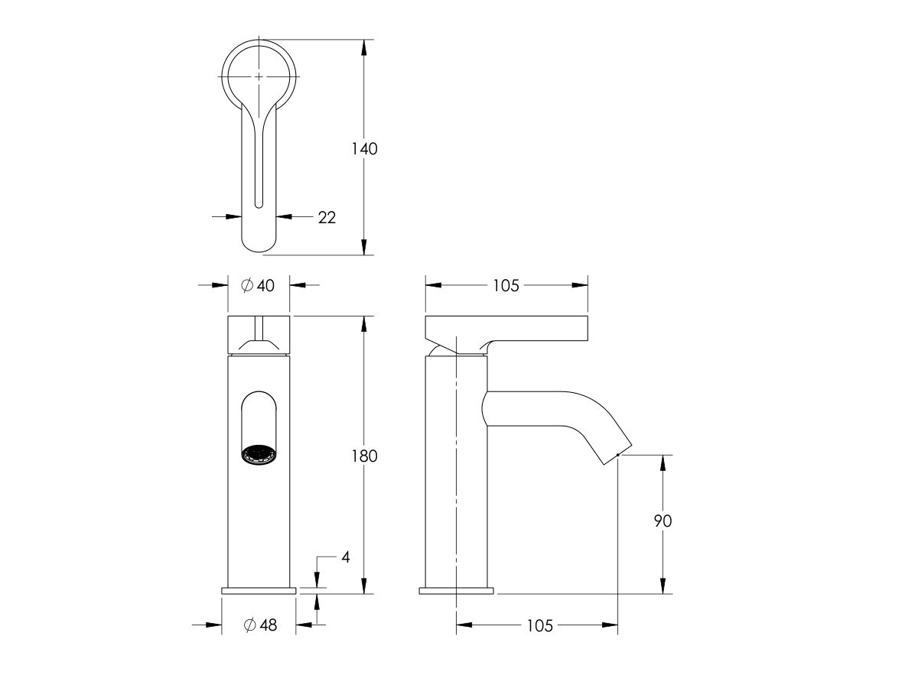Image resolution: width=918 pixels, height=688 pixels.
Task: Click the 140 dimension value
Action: (364, 149)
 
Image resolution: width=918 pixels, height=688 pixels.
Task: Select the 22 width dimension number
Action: (327, 217)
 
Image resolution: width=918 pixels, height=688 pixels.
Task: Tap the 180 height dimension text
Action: (364, 456)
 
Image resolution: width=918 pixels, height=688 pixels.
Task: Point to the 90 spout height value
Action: (662, 521)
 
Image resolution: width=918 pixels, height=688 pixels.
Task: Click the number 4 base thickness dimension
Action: (345, 557)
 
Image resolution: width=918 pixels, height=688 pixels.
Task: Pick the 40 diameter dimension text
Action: (265, 285)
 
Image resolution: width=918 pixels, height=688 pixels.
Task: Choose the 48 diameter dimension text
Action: (266, 625)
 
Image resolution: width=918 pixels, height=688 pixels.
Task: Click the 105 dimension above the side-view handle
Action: (506, 285)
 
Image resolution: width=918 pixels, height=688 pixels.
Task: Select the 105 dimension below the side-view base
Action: (539, 626)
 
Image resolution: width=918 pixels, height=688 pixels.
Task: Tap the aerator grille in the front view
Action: (259, 456)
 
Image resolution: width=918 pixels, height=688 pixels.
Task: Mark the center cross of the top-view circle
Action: (259, 76)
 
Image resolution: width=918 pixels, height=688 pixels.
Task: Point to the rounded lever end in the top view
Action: (259, 241)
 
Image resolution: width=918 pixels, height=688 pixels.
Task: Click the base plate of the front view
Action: (259, 591)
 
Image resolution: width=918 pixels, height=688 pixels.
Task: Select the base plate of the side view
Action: (457, 591)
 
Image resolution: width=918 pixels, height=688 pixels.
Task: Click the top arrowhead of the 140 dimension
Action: (364, 47)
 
